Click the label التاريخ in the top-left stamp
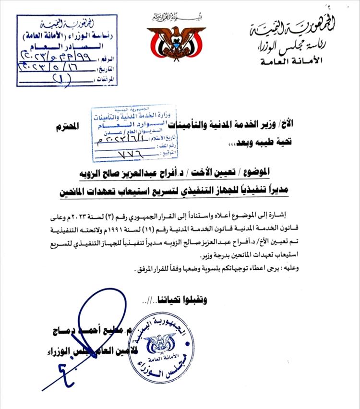[x=108, y=69]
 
